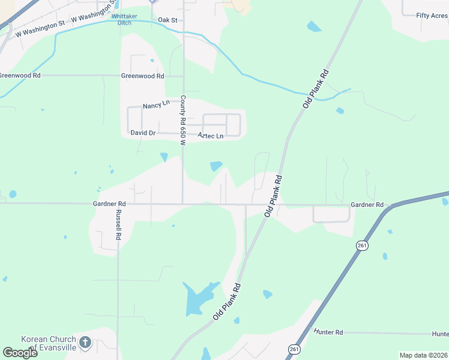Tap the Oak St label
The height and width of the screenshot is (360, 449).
(x=167, y=20)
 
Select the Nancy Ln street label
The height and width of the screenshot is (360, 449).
(x=155, y=105)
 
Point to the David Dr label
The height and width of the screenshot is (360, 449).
(x=142, y=132)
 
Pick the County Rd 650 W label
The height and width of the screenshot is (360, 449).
(x=182, y=119)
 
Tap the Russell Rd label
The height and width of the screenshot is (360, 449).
(x=118, y=225)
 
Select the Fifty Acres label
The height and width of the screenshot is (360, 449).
(x=432, y=15)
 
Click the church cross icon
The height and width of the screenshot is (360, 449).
(x=85, y=343)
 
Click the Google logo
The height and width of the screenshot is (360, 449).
(x=20, y=352)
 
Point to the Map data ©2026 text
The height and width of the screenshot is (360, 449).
(x=423, y=355)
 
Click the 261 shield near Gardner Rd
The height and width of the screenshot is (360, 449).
(x=362, y=245)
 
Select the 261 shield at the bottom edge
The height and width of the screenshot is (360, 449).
(x=294, y=349)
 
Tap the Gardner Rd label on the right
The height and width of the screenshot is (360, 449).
(x=367, y=205)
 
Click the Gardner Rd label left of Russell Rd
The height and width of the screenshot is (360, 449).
(x=109, y=204)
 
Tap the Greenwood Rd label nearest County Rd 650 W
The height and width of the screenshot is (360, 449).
(x=142, y=76)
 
